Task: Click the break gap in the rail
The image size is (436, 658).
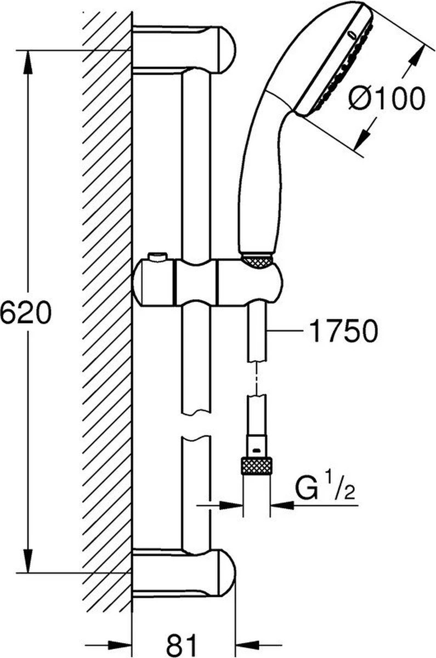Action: [x=195, y=426]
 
